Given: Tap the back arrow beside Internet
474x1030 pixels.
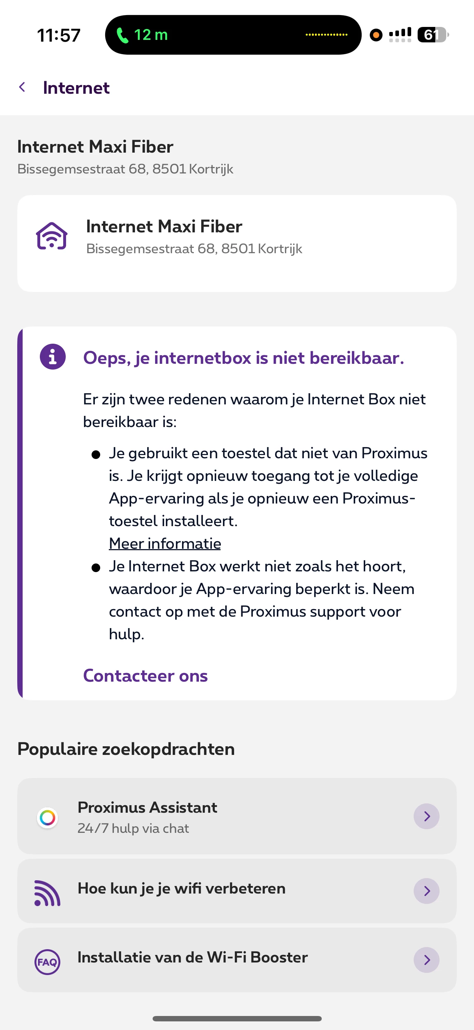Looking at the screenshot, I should [22, 87].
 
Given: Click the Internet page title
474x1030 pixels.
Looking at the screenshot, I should [76, 88].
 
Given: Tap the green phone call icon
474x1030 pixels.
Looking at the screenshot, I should [122, 36].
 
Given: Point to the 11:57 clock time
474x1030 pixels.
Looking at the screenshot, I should [59, 35].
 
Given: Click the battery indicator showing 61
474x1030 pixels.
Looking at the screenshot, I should [432, 35].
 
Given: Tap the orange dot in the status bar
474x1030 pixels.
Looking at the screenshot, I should [376, 35].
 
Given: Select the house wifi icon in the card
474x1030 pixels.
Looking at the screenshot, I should [52, 236].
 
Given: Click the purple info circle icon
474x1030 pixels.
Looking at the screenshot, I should [52, 356].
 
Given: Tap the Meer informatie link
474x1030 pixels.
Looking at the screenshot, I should [165, 543].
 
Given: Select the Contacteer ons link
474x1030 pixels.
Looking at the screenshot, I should [145, 676].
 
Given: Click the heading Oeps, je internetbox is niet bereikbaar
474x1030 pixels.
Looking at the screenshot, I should [243, 358].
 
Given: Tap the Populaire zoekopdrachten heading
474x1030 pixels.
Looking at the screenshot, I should [126, 749].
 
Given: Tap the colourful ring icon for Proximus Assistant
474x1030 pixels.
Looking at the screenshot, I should [47, 818].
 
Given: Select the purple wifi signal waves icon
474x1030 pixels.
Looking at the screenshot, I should [47, 893].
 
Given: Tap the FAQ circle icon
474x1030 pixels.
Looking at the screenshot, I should [47, 962].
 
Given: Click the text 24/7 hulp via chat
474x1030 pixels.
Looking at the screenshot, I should [133, 828].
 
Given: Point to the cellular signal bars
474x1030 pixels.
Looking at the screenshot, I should [400, 35].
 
